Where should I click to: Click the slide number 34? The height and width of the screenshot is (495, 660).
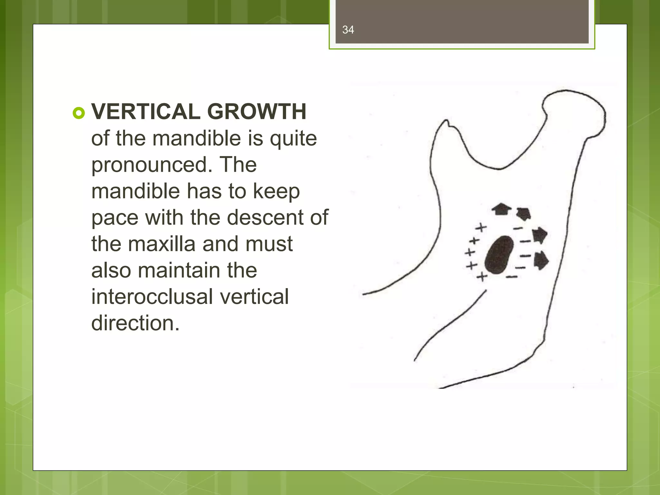pyautogui.click(x=348, y=30)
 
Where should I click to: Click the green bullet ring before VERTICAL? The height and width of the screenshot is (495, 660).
pyautogui.click(x=79, y=113)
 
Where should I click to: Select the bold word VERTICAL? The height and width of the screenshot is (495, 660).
pyautogui.click(x=146, y=112)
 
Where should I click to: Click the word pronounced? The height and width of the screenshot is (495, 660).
pyautogui.click(x=151, y=165)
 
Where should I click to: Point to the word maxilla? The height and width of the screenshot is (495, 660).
pyautogui.click(x=162, y=244)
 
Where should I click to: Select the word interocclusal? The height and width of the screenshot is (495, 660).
pyautogui.click(x=152, y=297)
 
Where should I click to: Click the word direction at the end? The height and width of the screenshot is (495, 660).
pyautogui.click(x=135, y=323)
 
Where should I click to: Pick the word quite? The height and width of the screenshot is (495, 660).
pyautogui.click(x=293, y=139)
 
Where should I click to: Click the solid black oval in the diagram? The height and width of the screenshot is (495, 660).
pyautogui.click(x=499, y=255)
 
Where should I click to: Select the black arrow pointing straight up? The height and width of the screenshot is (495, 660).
pyautogui.click(x=501, y=209)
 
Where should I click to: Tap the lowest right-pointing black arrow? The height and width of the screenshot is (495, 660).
pyautogui.click(x=541, y=260)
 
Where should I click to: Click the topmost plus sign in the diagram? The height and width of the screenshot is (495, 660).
pyautogui.click(x=481, y=228)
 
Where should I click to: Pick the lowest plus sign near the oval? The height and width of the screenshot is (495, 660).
pyautogui.click(x=482, y=277)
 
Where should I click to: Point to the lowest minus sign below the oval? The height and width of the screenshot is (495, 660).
pyautogui.click(x=512, y=277)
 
